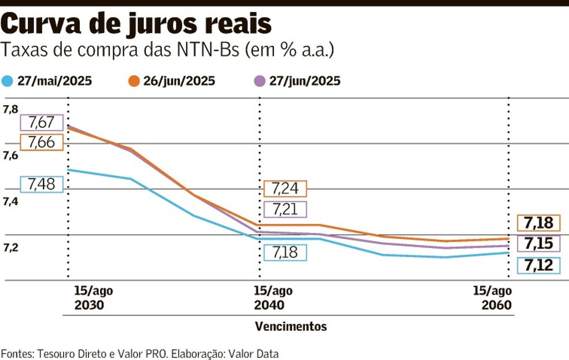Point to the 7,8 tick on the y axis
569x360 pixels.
pos(10,110)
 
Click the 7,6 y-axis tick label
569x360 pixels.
pos(10,156)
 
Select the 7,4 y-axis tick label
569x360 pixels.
pos(10,202)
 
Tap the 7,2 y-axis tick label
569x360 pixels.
pos(10,248)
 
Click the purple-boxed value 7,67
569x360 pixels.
pos(41,123)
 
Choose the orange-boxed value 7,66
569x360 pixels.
pos(41,142)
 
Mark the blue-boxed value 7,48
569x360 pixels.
pos(41,184)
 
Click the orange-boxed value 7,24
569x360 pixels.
pos(284,189)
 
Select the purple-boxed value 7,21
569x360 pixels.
pos(284,209)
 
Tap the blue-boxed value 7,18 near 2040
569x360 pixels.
pos(284,253)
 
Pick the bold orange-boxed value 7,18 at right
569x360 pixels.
pos(539,223)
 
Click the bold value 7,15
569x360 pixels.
pos(539,244)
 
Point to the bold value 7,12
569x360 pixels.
pos(539,265)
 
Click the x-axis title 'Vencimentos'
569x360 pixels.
pos(291,326)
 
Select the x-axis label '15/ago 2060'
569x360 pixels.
pos(492,298)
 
